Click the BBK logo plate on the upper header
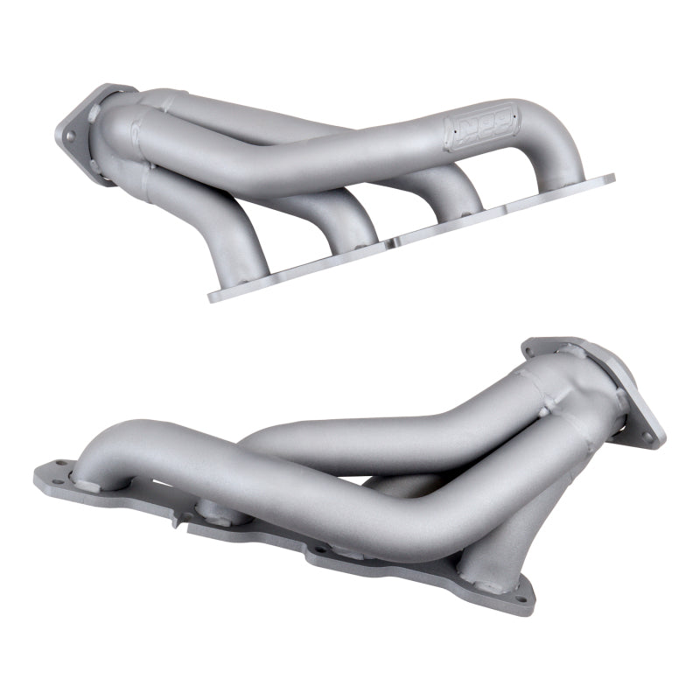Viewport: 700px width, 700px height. point(481,130)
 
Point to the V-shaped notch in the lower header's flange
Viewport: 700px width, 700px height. point(178,520)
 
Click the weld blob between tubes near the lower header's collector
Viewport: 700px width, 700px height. point(543,409)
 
